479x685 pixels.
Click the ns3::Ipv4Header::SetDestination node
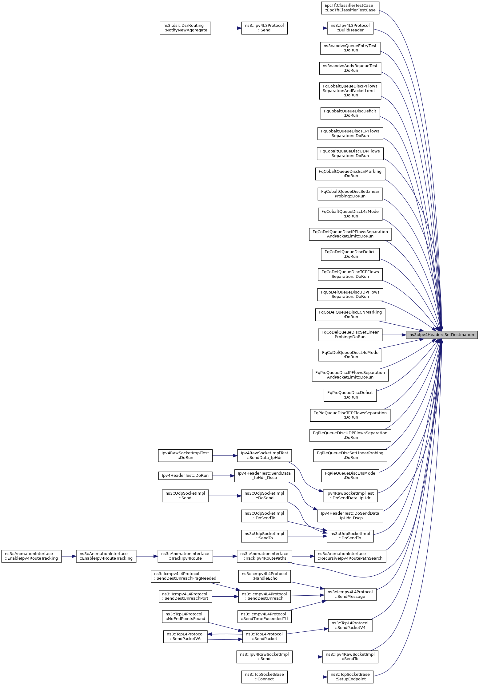point(441,335)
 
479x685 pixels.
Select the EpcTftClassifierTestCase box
point(350,8)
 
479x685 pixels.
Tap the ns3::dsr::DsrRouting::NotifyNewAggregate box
point(185,28)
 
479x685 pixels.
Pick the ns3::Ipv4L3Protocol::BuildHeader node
point(350,28)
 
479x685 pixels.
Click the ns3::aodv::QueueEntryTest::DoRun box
point(350,48)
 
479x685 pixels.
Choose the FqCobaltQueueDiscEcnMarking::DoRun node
point(350,174)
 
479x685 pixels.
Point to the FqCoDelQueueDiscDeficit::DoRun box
point(350,254)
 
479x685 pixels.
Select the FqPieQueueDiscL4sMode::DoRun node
point(350,476)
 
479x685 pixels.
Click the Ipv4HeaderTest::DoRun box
point(185,476)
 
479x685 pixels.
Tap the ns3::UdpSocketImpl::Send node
point(185,496)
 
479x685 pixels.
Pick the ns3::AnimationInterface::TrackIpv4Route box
point(185,556)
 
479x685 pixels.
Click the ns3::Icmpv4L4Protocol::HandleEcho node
point(264,576)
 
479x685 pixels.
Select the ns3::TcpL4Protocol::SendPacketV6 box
point(185,637)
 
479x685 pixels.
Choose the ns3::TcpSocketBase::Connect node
point(264,677)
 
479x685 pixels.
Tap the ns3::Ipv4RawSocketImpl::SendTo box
point(350,657)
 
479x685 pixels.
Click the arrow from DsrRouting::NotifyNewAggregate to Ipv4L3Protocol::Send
point(226,28)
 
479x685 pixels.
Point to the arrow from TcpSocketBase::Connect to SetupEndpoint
point(307,677)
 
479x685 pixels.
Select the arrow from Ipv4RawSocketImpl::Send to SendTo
point(307,657)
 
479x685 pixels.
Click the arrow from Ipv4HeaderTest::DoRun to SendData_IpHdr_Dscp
point(223,476)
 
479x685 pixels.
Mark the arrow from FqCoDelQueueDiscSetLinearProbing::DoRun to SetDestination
point(394,335)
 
